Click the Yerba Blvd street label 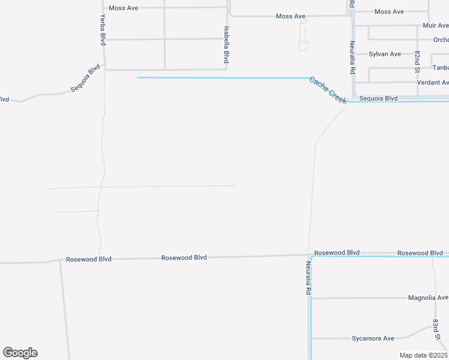click(x=103, y=30)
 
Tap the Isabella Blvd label click(x=226, y=45)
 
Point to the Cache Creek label click(x=328, y=90)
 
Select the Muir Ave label click(x=435, y=26)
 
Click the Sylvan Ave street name click(x=385, y=54)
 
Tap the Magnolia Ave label click(x=428, y=298)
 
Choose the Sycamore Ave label click(x=373, y=338)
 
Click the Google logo click(x=20, y=353)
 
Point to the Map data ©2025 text click(x=423, y=355)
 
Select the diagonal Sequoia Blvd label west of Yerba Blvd click(x=85, y=79)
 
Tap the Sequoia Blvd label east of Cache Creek click(x=379, y=98)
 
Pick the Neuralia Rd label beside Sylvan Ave click(x=353, y=57)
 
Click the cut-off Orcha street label click(x=441, y=40)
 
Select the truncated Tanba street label click(x=440, y=68)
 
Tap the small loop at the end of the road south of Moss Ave click(x=304, y=46)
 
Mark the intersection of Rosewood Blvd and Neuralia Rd click(x=309, y=255)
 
